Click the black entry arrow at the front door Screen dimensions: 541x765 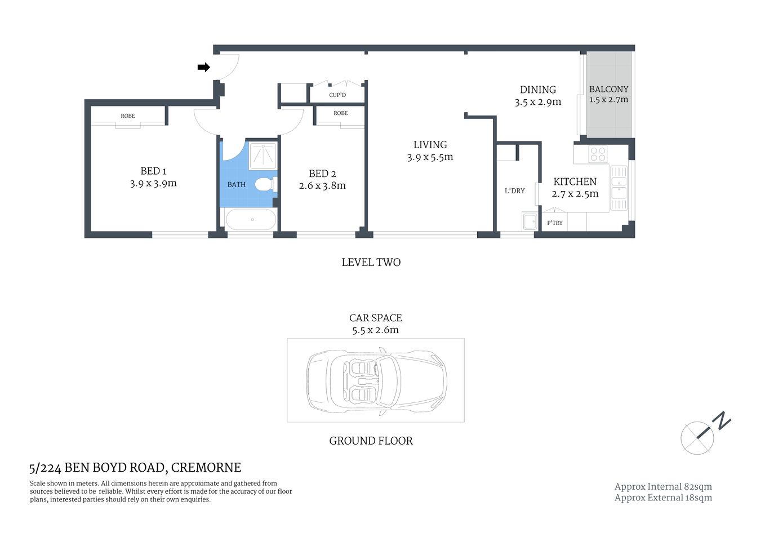[x=203, y=68]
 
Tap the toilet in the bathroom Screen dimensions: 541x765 [x=264, y=184]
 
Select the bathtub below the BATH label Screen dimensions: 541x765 [x=251, y=219]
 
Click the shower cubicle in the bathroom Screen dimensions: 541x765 [x=263, y=156]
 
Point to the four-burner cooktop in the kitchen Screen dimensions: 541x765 [x=598, y=154]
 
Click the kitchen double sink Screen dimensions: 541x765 [x=619, y=188]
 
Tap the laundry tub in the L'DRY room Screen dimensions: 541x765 [x=530, y=221]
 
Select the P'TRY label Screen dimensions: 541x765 [x=555, y=223]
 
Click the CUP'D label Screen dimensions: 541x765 [x=337, y=95]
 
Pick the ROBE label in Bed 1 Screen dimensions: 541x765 [x=128, y=116]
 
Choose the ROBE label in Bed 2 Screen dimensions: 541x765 [x=341, y=113]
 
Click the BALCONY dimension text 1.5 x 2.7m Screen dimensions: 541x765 [x=608, y=100]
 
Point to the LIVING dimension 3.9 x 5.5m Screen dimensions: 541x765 [x=430, y=158]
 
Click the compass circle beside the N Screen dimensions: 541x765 [x=697, y=438]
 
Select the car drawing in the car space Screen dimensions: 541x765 [x=376, y=380]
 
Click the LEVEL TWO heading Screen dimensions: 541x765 [x=371, y=263]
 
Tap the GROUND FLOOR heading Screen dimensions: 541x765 [x=371, y=441]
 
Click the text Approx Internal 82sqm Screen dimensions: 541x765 [x=663, y=487]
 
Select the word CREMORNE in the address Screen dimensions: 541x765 [x=206, y=468]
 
